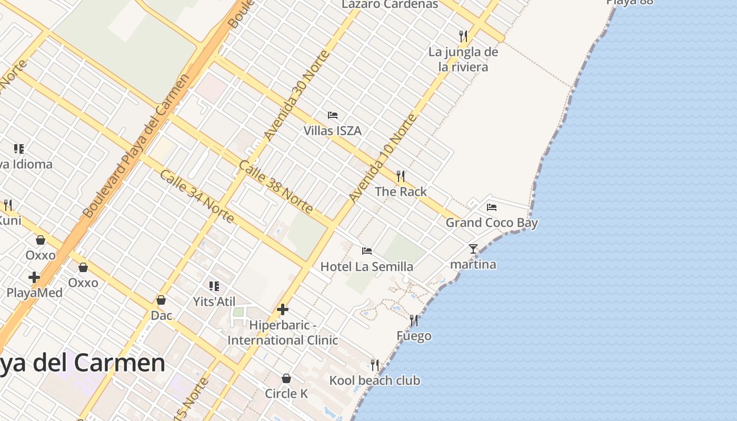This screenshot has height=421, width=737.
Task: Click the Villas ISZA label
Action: pos(332,131)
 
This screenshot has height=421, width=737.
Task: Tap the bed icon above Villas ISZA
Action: pos(332,115)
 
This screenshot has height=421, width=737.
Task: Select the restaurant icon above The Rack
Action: pos(401,176)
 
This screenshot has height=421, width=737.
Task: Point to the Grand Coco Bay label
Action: pos(492,223)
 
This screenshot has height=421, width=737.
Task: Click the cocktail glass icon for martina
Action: pos(473,249)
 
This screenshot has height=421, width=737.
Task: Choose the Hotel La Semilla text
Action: pos(367,267)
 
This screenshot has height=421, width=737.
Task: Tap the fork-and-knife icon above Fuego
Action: pos(414,320)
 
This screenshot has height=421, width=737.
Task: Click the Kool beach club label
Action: pos(375,380)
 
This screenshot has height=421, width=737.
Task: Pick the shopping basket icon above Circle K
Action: pos(286,378)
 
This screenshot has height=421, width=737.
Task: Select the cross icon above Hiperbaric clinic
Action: pos(283,309)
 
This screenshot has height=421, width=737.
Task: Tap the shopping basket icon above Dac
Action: pos(161,300)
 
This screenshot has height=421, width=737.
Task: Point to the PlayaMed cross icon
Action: pos(34,277)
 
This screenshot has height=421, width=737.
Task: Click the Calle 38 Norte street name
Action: pos(276,187)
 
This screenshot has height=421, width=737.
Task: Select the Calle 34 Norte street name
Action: pos(196,196)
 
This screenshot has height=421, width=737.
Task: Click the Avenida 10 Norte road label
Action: pos(383,157)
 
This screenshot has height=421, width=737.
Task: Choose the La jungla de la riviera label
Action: pos(463,59)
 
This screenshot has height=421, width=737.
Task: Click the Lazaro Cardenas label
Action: pos(390,5)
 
